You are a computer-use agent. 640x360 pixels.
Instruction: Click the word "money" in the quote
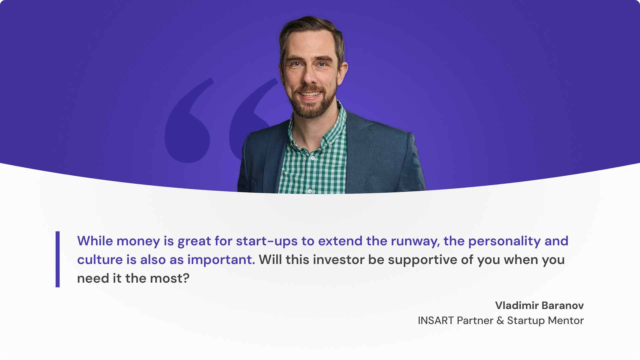(x=138, y=241)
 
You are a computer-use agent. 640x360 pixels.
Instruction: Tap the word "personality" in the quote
(x=504, y=241)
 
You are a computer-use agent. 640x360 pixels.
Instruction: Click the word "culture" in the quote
(x=100, y=260)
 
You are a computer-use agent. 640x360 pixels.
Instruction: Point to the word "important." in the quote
(x=221, y=260)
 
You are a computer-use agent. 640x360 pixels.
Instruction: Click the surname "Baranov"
(x=563, y=305)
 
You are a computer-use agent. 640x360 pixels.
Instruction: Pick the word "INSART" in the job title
(x=436, y=320)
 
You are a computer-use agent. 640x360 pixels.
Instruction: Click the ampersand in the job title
(x=500, y=320)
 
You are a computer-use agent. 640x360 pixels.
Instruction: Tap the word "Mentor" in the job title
(x=566, y=320)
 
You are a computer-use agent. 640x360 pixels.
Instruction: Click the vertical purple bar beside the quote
(x=58, y=259)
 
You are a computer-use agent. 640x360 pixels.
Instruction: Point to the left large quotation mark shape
(x=188, y=121)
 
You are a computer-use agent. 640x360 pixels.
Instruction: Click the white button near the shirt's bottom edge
(x=310, y=191)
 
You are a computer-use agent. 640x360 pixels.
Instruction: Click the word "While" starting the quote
(x=95, y=241)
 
